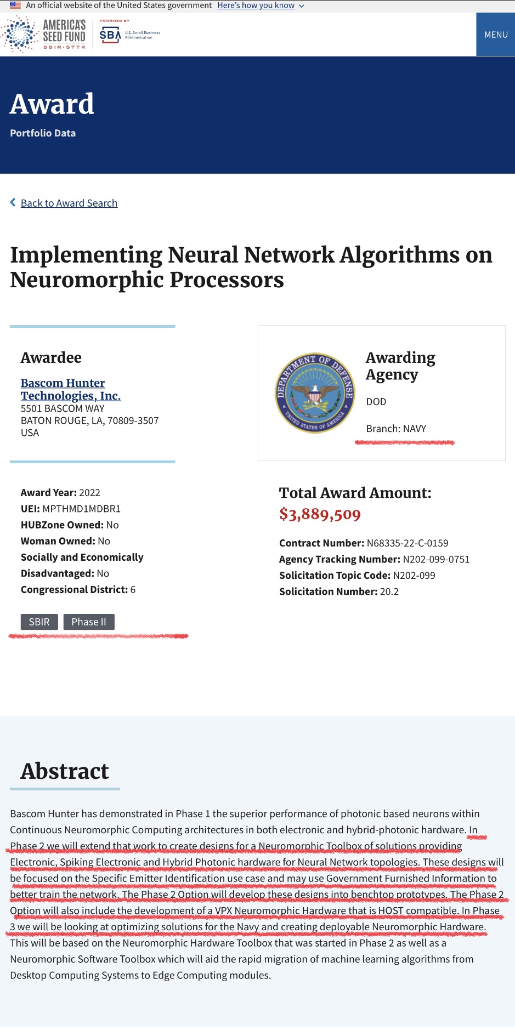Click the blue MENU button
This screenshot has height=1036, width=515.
click(495, 35)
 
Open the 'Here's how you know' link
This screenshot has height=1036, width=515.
click(256, 5)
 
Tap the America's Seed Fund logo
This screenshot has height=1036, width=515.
click(44, 35)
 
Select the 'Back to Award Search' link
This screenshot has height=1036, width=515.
click(69, 203)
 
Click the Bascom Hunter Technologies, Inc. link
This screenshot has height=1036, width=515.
click(70, 389)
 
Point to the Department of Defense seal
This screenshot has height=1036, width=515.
click(315, 392)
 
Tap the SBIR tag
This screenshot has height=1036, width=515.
click(39, 622)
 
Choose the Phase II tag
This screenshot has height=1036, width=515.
click(89, 622)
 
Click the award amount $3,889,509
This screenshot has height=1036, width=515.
click(320, 514)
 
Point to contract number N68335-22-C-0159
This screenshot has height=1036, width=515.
click(407, 543)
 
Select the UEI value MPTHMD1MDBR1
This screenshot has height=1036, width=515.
click(81, 509)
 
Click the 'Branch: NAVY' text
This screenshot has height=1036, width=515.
click(396, 429)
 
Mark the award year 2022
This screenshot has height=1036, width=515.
click(89, 493)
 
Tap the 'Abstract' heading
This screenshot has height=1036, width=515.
click(65, 771)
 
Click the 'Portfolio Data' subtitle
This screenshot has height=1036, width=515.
click(43, 133)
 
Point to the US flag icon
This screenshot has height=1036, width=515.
click(15, 5)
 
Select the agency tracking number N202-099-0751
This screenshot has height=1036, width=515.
click(436, 559)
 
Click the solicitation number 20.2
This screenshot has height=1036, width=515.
click(389, 591)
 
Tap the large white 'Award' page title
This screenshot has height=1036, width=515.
click(52, 104)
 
